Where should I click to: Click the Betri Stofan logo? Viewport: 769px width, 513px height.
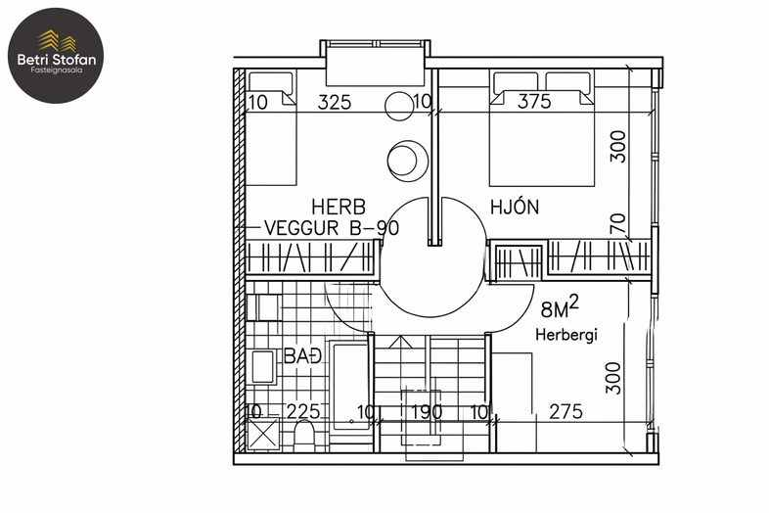pyautogui.click(x=56, y=55)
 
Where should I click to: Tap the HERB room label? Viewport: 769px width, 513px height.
pyautogui.click(x=339, y=207)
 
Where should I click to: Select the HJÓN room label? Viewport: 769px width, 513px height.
pyautogui.click(x=515, y=207)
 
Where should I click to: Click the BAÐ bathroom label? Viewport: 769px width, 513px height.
pyautogui.click(x=302, y=356)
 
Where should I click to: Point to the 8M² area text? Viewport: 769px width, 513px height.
pyautogui.click(x=560, y=306)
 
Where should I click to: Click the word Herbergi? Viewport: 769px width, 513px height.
pyautogui.click(x=566, y=335)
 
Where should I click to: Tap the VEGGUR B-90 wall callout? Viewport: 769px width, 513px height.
pyautogui.click(x=332, y=228)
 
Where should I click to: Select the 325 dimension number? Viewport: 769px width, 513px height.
pyautogui.click(x=335, y=102)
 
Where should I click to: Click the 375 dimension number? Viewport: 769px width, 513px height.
pyautogui.click(x=534, y=101)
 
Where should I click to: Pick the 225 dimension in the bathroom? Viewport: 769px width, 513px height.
pyautogui.click(x=303, y=411)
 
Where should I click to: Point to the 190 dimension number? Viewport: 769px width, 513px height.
pyautogui.click(x=427, y=411)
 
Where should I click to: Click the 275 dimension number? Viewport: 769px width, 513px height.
pyautogui.click(x=565, y=411)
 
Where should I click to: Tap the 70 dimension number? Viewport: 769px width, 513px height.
pyautogui.click(x=618, y=223)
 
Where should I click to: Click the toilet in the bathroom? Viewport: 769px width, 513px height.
pyautogui.click(x=304, y=435)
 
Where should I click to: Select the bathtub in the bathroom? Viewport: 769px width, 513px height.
pyautogui.click(x=349, y=386)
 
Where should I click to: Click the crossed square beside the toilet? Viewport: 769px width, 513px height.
pyautogui.click(x=262, y=434)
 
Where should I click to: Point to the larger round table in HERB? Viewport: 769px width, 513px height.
pyautogui.click(x=408, y=160)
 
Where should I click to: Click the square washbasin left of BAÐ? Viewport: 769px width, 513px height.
pyautogui.click(x=263, y=366)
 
